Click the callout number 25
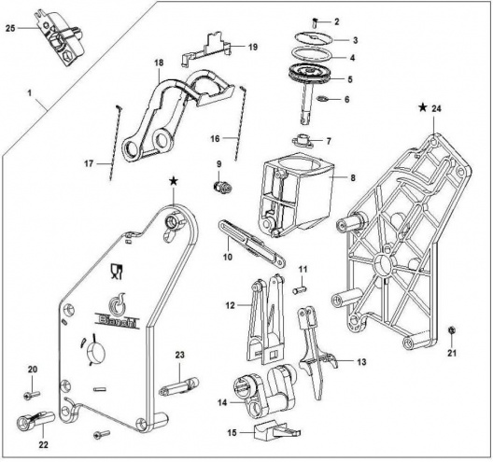(10, 28)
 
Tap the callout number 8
(353, 178)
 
